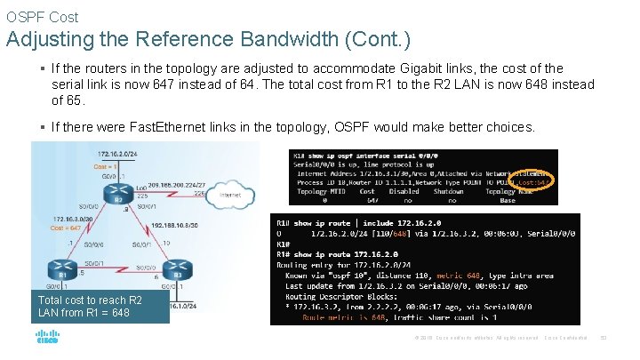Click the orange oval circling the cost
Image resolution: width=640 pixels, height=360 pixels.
point(533,182)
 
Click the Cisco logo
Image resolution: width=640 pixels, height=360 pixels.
point(47,339)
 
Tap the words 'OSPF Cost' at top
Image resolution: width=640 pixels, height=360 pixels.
point(43,17)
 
